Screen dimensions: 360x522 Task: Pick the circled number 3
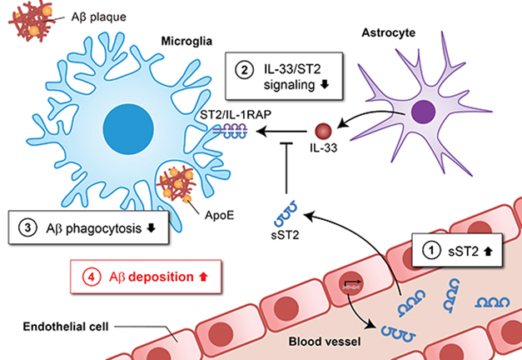coord(27,227)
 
